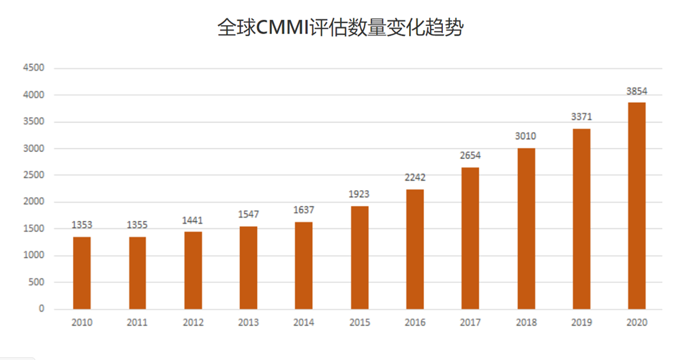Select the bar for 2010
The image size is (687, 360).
point(82,273)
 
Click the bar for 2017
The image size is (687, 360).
point(470,238)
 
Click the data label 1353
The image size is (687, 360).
point(82,226)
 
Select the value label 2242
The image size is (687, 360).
point(415,178)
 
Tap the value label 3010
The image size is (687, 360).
point(526,136)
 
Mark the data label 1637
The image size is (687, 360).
point(304,211)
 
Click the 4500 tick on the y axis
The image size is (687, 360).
point(33,68)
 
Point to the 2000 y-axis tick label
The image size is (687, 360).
point(33,202)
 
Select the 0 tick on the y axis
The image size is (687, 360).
point(42,309)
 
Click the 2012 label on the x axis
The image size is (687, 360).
point(193,322)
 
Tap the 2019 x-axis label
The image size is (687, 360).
point(581,322)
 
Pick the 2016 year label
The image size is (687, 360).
point(415,322)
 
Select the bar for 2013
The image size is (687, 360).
point(248,268)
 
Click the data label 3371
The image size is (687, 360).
point(581,117)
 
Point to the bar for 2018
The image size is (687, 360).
point(526,228)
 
